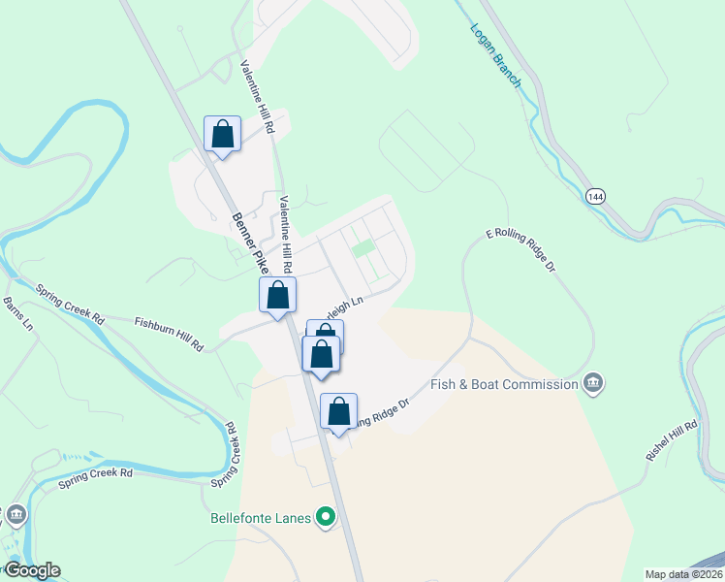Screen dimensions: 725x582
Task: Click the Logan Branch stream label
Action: point(495,56)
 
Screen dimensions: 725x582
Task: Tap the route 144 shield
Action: point(594,197)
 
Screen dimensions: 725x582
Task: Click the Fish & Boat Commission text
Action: point(504,384)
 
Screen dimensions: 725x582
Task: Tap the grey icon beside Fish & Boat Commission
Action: point(593,384)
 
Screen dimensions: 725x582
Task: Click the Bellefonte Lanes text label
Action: point(261,518)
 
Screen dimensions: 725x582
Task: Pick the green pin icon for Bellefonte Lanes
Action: point(327,517)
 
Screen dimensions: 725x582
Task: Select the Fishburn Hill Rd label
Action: point(170,333)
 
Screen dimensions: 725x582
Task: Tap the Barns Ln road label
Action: point(17,314)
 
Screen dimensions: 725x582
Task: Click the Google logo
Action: point(31,570)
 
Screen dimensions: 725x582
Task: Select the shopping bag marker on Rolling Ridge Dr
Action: point(338,411)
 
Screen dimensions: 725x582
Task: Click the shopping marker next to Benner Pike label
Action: point(277,295)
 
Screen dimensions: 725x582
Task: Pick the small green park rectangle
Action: point(362,249)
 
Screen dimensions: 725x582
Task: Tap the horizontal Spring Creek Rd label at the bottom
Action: point(94,474)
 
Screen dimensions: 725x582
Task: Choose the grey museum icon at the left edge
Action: point(16,514)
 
